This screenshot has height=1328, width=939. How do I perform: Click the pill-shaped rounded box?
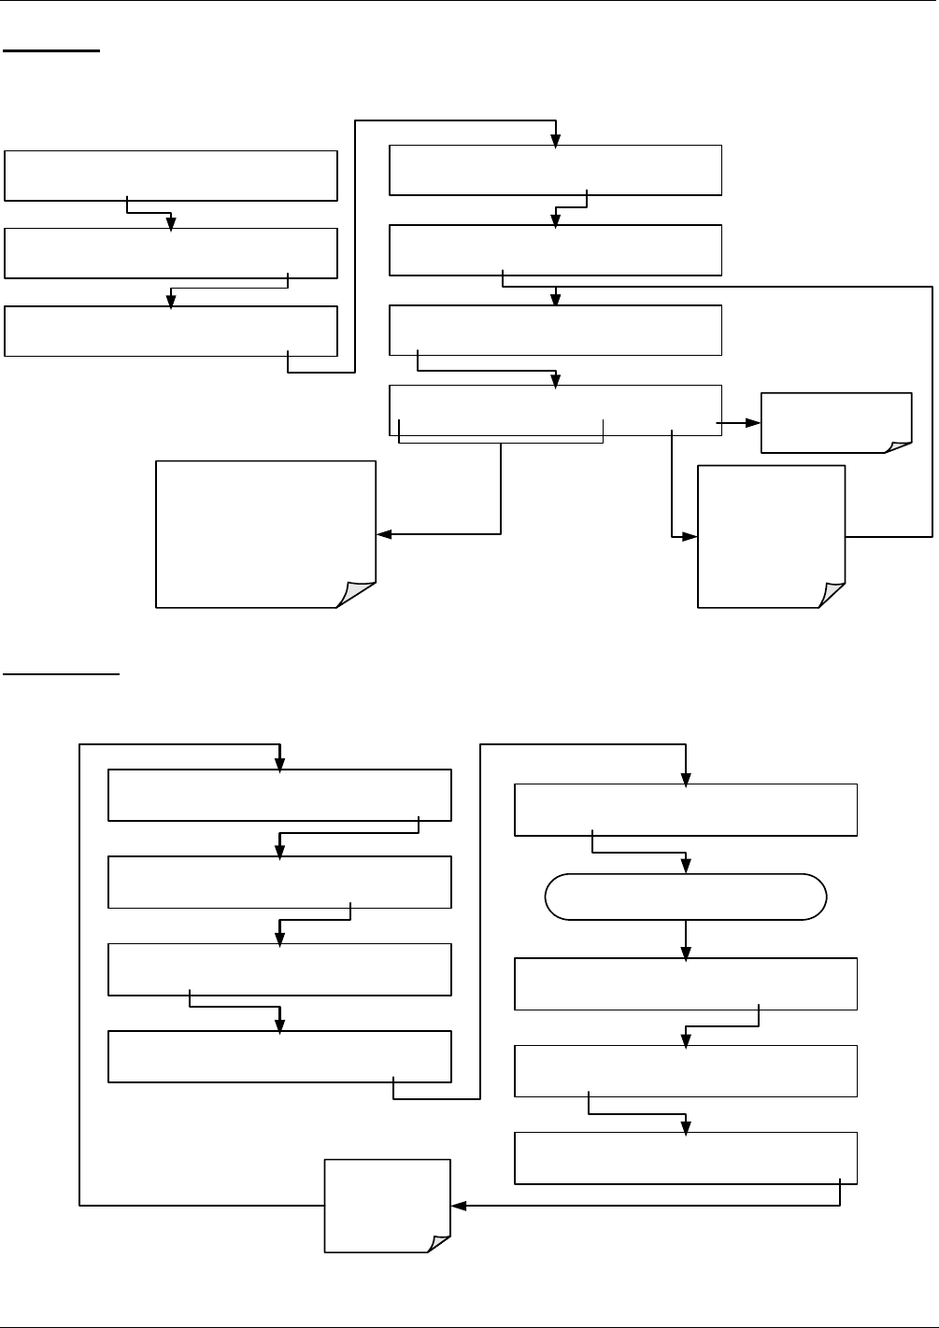[685, 897]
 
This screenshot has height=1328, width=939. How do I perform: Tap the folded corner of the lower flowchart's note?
[437, 1239]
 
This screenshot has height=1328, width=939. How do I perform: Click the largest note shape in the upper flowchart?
[265, 533]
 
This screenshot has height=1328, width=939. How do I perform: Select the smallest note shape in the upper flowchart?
[836, 422]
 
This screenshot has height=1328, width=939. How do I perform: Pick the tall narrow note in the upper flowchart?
[771, 536]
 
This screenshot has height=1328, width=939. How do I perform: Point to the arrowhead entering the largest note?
[383, 534]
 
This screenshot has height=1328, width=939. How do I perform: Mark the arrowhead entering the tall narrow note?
[691, 537]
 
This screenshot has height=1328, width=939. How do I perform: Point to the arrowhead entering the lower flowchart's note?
[458, 1206]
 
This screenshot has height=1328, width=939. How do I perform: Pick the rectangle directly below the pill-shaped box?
[685, 983]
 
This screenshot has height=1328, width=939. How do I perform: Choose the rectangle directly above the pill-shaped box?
[685, 810]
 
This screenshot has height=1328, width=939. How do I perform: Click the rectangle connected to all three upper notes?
[555, 410]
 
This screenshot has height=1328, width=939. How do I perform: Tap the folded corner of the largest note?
[358, 593]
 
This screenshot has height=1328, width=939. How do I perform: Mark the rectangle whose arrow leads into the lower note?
[685, 1158]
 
